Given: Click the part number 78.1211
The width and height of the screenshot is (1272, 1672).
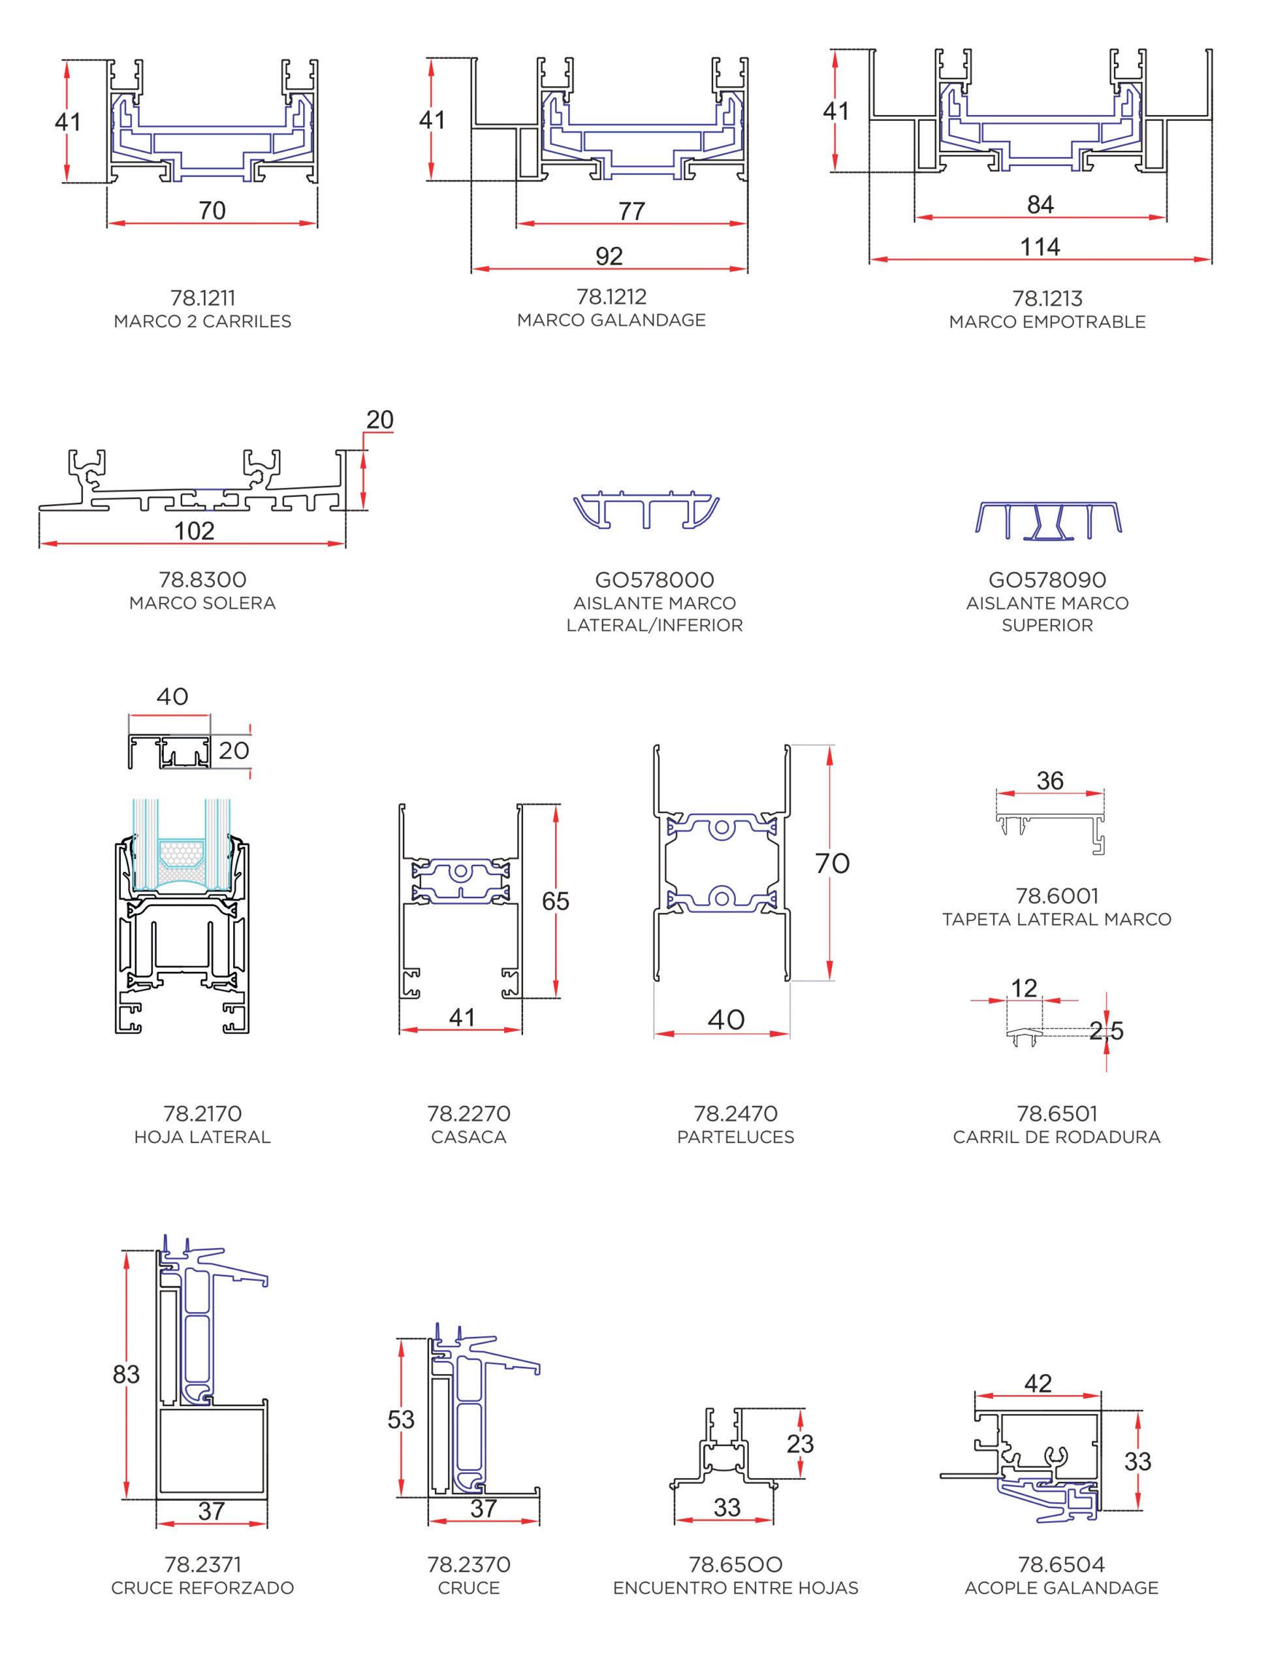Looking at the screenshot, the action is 202,298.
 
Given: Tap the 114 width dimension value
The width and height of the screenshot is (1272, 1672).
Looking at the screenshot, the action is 1040,247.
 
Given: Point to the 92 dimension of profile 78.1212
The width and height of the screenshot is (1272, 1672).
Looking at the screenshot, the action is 609,256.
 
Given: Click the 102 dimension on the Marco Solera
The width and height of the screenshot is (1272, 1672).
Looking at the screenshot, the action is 195,531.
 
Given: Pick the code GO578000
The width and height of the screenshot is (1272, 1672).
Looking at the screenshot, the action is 654,580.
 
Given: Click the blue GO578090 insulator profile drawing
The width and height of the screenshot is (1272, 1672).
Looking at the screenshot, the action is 1048,521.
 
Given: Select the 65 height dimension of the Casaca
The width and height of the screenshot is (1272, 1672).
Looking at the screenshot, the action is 555,901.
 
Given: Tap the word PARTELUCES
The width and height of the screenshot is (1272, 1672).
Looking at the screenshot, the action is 735,1136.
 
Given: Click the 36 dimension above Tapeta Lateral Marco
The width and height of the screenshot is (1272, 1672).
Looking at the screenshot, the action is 1050,780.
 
